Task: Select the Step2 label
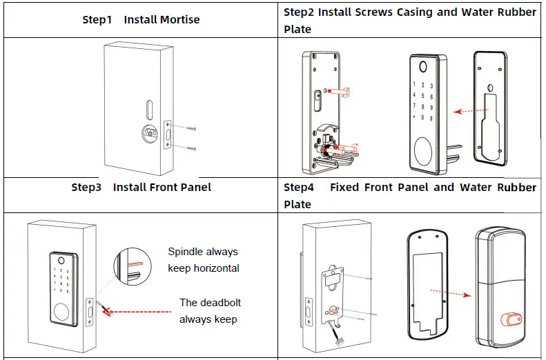coord(299,12)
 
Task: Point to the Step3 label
coord(87,187)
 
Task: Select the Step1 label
coord(97,19)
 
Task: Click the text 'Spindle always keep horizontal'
coord(204,259)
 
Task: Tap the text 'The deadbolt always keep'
coord(210,310)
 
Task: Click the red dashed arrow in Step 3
coord(137,312)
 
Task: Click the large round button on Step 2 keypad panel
coord(423,148)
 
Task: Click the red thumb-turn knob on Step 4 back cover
coord(510,319)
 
